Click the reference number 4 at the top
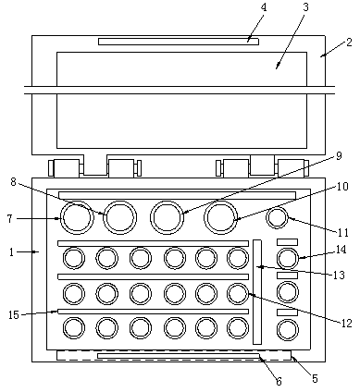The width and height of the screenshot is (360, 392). (x=263, y=7)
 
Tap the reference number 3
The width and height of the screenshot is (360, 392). (x=305, y=7)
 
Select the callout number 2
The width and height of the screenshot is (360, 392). (x=349, y=42)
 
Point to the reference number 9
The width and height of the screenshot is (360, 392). (x=339, y=156)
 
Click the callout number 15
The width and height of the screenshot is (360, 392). (x=14, y=315)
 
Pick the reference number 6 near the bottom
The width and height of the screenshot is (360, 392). (x=279, y=382)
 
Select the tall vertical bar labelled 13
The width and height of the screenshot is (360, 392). (x=257, y=292)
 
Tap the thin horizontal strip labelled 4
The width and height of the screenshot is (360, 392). (x=179, y=42)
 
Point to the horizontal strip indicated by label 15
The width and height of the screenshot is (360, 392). (x=154, y=312)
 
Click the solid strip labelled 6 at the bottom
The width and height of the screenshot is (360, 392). (x=179, y=356)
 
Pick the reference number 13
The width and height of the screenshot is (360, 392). (x=339, y=275)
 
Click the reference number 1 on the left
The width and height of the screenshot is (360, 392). (x=11, y=252)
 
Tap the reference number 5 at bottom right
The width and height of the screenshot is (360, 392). (x=315, y=378)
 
